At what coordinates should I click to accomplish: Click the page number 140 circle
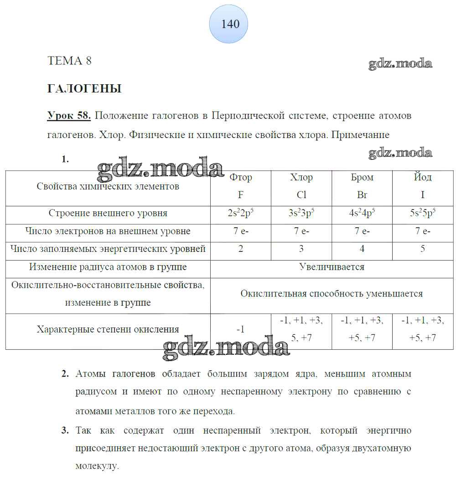[x=228, y=24]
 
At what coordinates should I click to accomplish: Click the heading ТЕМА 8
[x=69, y=61]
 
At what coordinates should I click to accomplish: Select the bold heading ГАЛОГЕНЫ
[x=84, y=89]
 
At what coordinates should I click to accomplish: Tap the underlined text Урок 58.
[x=69, y=116]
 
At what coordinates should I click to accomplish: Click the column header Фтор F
[x=241, y=186]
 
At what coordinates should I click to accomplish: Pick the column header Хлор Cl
[x=301, y=186]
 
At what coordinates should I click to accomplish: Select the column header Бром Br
[x=362, y=186]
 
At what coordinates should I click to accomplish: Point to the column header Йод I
[x=423, y=186]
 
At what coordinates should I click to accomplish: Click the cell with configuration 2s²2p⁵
[x=241, y=213]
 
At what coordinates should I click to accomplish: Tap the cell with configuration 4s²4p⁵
[x=362, y=213]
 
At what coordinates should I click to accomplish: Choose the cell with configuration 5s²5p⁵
[x=423, y=213]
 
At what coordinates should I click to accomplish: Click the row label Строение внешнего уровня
[x=108, y=213]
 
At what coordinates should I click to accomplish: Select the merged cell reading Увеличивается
[x=332, y=267]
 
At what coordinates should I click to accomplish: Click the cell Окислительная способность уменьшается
[x=332, y=294]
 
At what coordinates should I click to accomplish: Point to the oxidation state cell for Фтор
[x=241, y=329]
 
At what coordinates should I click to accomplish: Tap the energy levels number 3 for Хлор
[x=301, y=249]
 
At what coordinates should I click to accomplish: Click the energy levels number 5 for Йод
[x=423, y=249]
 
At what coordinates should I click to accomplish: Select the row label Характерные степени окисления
[x=108, y=329]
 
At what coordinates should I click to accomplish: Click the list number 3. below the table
[x=65, y=430]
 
